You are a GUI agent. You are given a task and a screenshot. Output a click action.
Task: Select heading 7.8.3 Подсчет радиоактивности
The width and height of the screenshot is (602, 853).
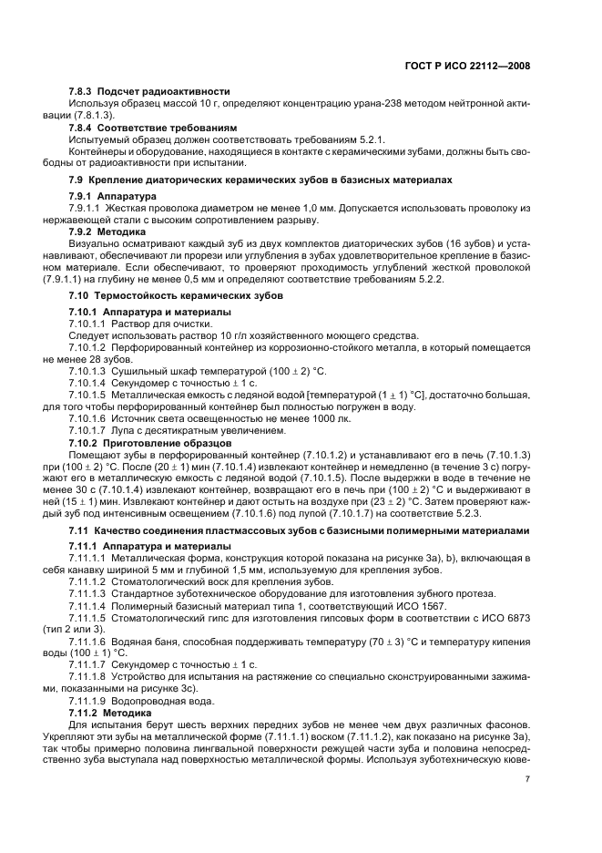(x=149, y=92)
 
